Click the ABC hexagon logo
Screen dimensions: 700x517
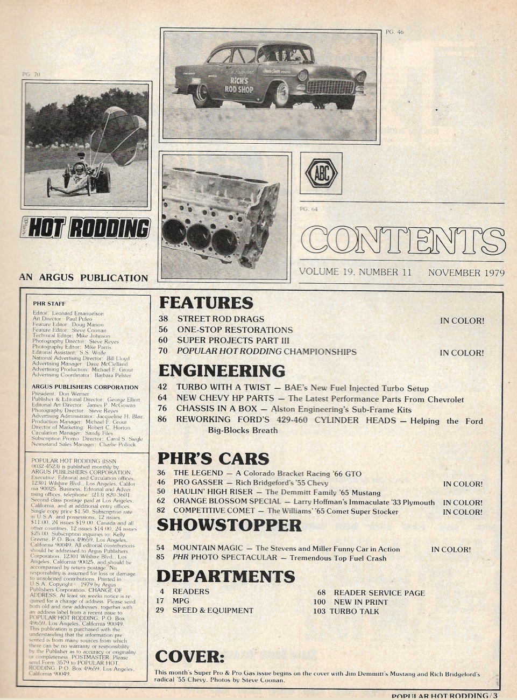tap(321, 173)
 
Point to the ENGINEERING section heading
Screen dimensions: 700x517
tap(221, 371)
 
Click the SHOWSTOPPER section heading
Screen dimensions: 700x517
tap(229, 525)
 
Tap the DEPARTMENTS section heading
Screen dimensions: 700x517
tap(225, 576)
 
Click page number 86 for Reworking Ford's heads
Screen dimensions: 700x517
tap(164, 421)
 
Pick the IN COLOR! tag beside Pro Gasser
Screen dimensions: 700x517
tap(462, 484)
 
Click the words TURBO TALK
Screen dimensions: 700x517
tap(354, 611)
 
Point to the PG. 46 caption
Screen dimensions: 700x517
tap(394, 32)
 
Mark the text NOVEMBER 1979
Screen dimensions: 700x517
tap(466, 272)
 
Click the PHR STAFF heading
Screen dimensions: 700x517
tap(48, 303)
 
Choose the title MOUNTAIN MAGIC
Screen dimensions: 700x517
tap(209, 549)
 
